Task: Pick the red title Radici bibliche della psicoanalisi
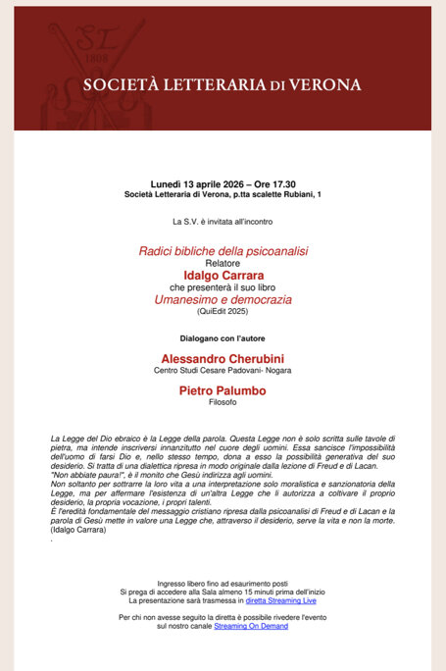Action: click(223, 251)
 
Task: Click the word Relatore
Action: click(223, 263)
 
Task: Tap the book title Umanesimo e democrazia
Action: click(223, 298)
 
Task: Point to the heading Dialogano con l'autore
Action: click(223, 337)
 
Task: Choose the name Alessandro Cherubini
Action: click(223, 359)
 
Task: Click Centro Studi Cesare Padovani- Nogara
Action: click(223, 371)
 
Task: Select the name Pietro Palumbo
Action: click(223, 390)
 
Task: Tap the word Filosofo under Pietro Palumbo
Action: click(223, 402)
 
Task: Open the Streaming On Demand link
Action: click(251, 625)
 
